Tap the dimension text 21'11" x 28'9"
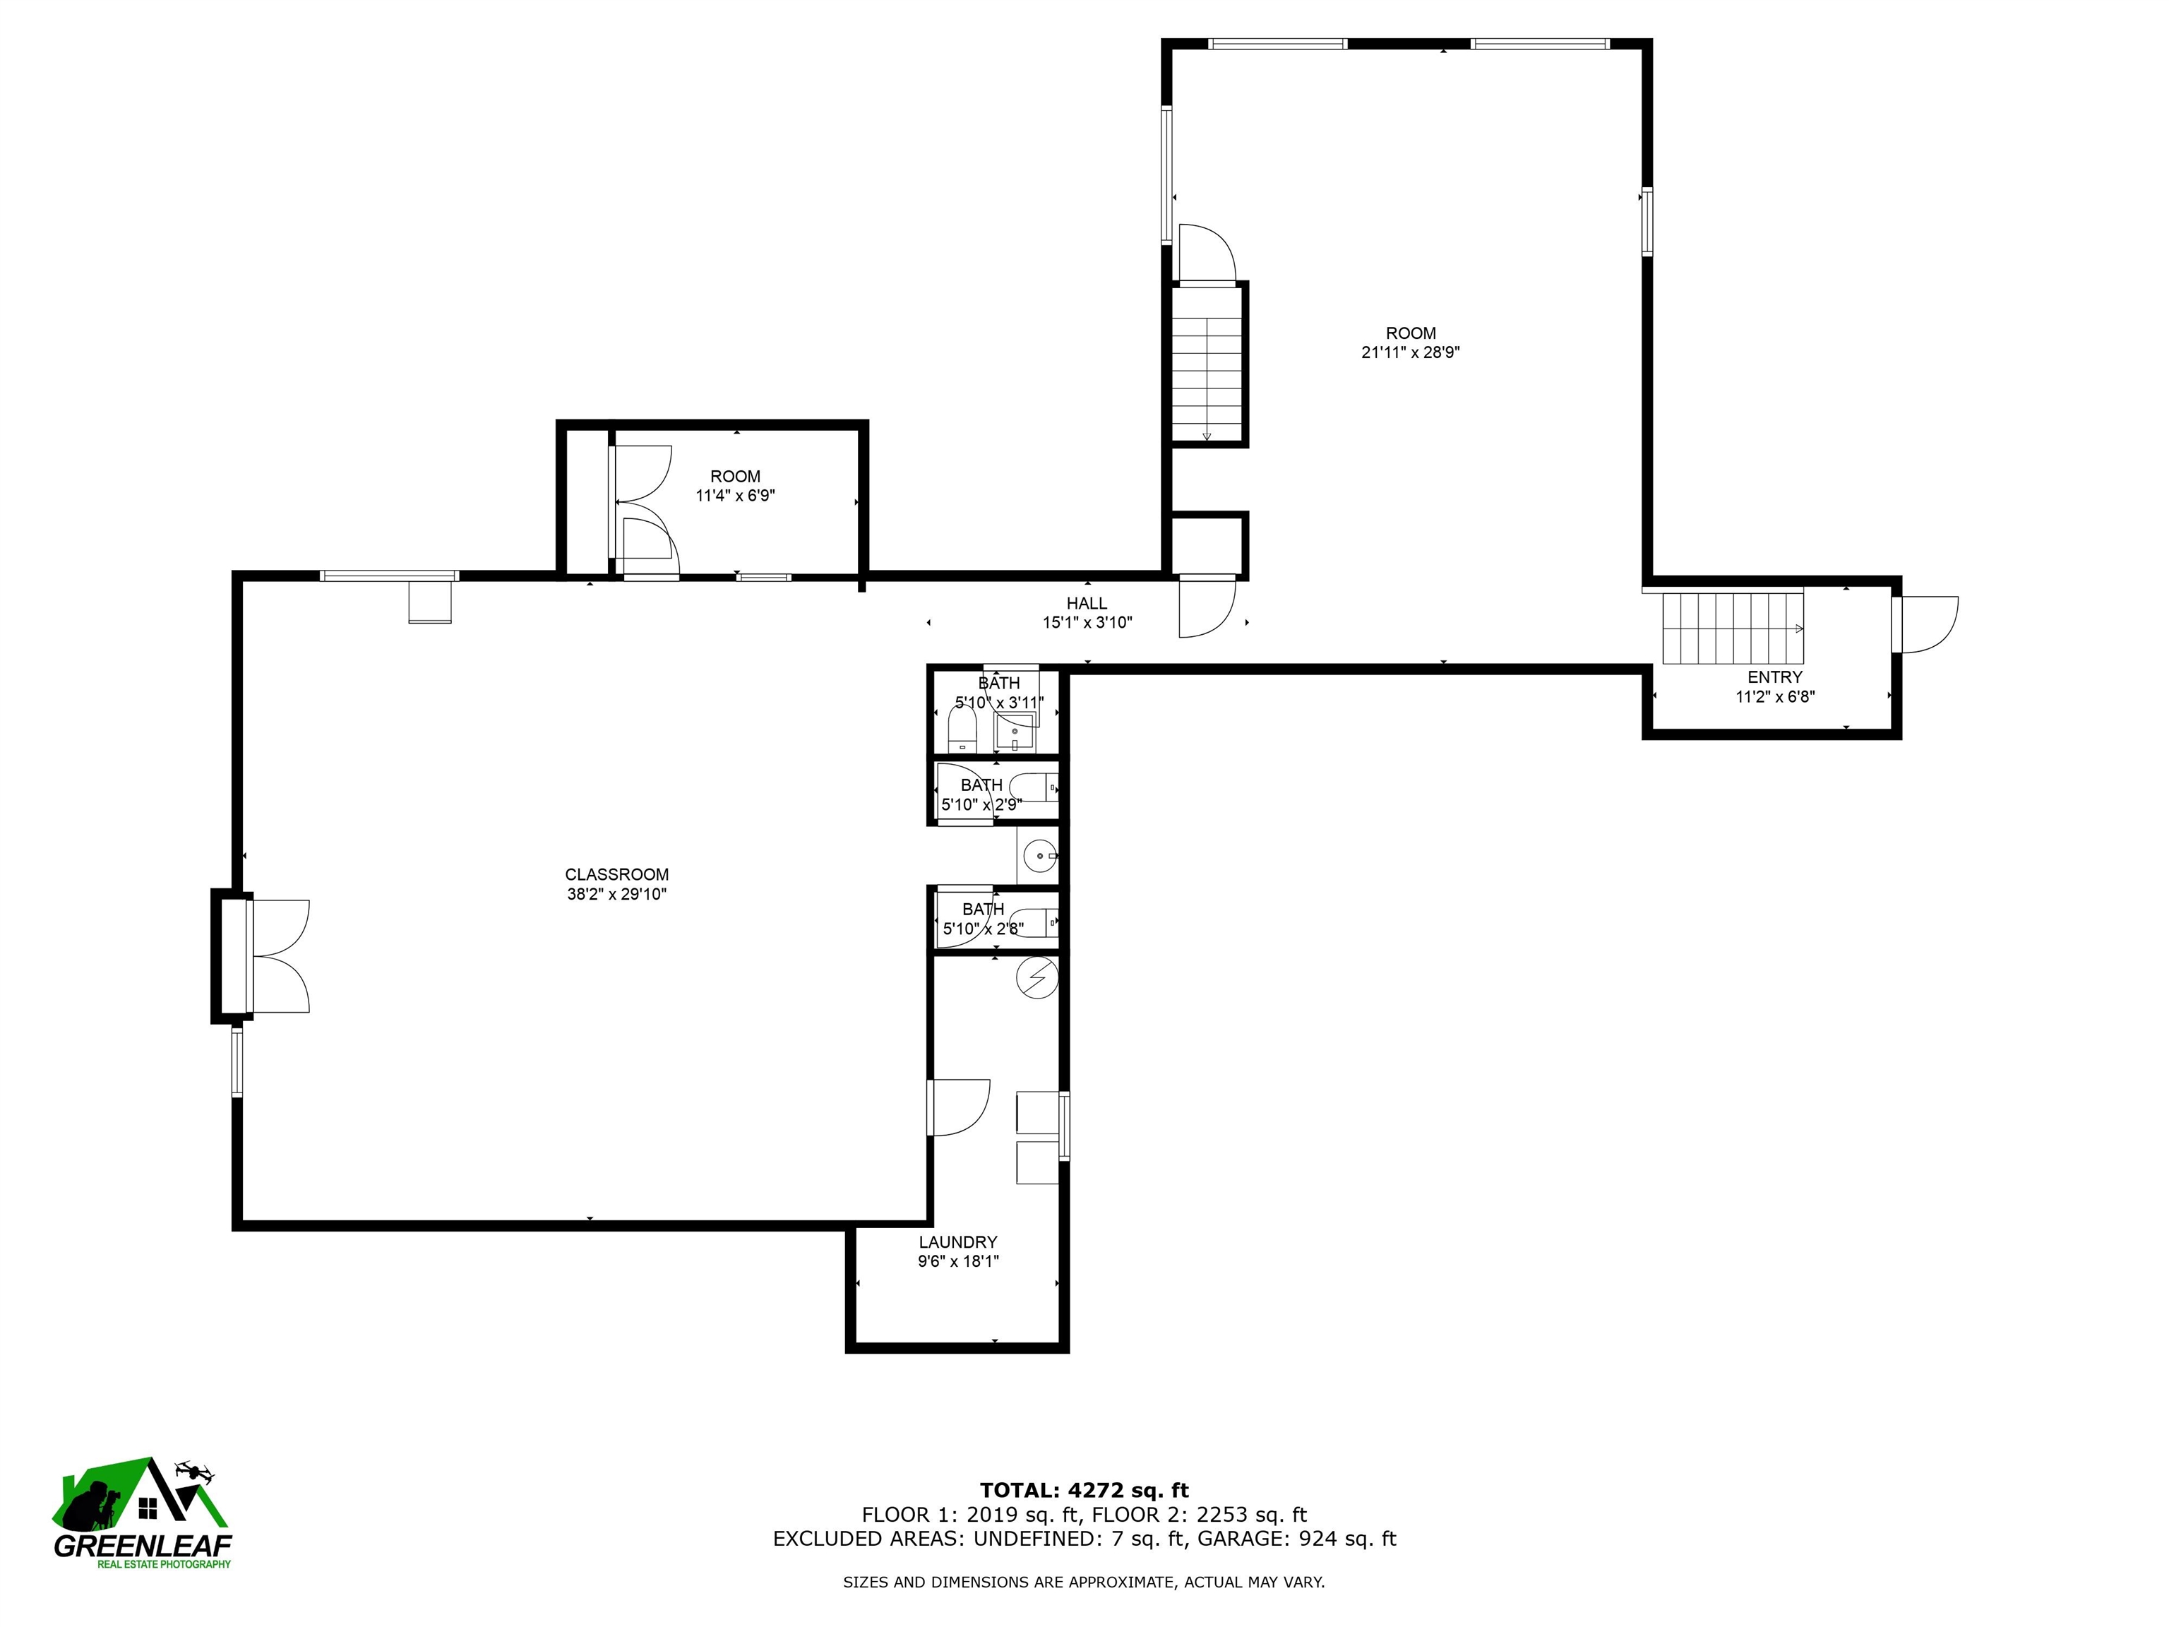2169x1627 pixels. (1410, 353)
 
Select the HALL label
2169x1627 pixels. (1087, 604)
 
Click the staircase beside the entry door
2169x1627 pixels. (1733, 628)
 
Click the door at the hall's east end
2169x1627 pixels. (1206, 609)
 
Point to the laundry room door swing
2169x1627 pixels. (958, 1107)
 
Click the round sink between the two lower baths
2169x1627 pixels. (1037, 856)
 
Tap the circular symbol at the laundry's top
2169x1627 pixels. (1037, 978)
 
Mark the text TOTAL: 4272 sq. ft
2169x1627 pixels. (1084, 1491)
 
